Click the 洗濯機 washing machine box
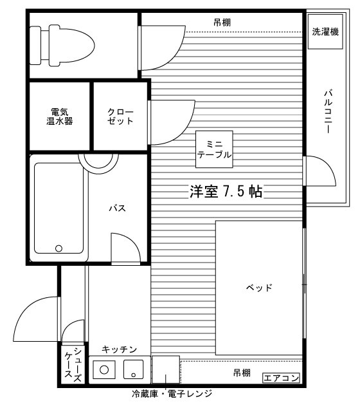click(x=325, y=32)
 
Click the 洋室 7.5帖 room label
click(x=226, y=191)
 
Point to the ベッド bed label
click(x=260, y=288)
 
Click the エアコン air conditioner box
click(x=281, y=378)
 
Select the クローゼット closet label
click(x=121, y=116)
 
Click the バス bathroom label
click(x=116, y=208)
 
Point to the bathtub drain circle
click(x=59, y=248)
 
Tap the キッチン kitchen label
click(x=120, y=349)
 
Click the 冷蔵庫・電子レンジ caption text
click(x=171, y=393)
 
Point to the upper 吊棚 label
click(x=222, y=23)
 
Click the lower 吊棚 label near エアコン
click(x=242, y=373)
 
